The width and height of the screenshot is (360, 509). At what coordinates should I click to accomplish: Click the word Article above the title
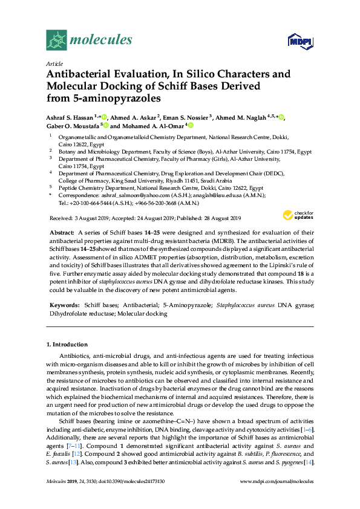coord(54,63)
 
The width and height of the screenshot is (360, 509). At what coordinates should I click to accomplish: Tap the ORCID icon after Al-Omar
coord(191,126)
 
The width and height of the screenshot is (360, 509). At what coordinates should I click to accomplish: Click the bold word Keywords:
coord(64,306)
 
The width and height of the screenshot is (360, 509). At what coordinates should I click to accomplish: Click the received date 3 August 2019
coord(94,218)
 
